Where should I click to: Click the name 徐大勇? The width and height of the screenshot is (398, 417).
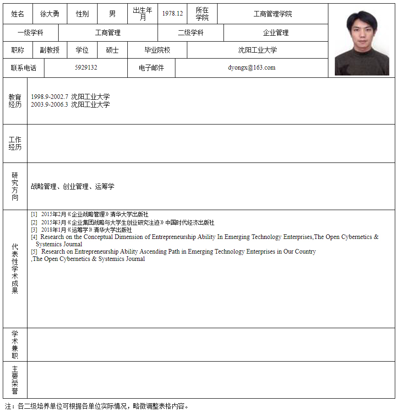click(49, 14)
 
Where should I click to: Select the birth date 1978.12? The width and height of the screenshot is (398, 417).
click(172, 14)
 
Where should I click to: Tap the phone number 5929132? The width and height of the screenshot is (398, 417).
click(86, 68)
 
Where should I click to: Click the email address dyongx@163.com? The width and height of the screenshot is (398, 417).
click(251, 68)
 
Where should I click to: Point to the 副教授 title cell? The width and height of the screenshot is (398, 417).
click(49, 50)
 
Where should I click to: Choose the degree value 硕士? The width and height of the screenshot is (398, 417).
click(112, 50)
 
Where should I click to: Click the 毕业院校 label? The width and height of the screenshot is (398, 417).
click(157, 50)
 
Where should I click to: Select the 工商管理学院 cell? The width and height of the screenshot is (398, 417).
click(273, 14)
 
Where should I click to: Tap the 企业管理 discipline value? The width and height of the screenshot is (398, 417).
click(276, 33)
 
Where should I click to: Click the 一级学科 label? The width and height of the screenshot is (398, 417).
click(30, 33)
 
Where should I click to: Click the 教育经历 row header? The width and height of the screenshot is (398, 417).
click(15, 101)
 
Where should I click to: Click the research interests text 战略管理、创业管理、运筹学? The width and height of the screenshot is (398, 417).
click(72, 187)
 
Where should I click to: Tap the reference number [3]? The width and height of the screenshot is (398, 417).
click(34, 230)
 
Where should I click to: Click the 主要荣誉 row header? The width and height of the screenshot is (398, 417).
click(15, 380)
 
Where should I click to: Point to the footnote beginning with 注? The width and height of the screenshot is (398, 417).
click(96, 406)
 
